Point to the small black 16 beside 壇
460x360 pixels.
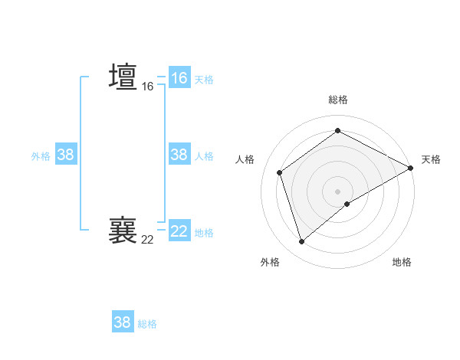click(x=147, y=87)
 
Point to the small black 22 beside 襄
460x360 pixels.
click(x=147, y=240)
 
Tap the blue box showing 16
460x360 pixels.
click(x=179, y=78)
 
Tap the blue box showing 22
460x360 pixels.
click(x=179, y=231)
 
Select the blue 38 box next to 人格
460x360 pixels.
click(x=179, y=155)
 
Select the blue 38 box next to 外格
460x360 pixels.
click(x=66, y=155)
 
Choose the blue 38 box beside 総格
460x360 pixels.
click(x=123, y=322)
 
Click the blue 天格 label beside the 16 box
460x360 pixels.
click(x=204, y=79)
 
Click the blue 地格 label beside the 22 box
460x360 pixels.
click(x=204, y=233)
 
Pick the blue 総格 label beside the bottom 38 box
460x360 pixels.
click(x=147, y=324)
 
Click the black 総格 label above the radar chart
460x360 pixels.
click(x=337, y=100)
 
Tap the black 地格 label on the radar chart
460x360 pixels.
click(x=402, y=262)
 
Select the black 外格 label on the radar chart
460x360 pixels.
click(x=270, y=262)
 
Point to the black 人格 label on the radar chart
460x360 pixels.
click(x=245, y=159)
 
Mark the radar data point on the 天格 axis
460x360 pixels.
click(x=411, y=168)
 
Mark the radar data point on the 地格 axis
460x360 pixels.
click(x=347, y=204)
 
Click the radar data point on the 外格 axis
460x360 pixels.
click(x=301, y=242)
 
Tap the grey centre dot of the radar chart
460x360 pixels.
click(x=337, y=191)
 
